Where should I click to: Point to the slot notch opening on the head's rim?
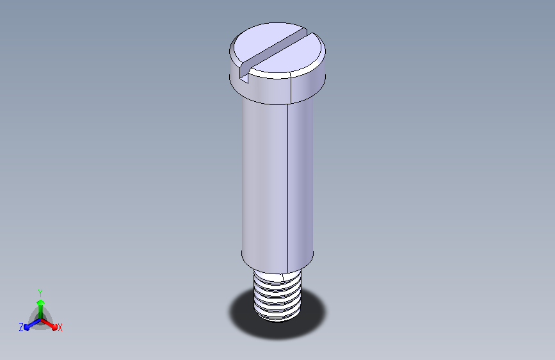pyautogui.click(x=245, y=75)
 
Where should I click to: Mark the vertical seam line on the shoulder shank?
pyautogui.click(x=287, y=188)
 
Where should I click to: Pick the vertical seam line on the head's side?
pyautogui.click(x=291, y=88)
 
